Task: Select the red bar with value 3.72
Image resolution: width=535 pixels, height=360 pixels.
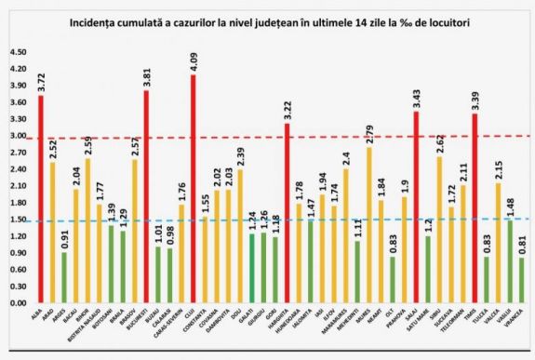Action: [x=41, y=199]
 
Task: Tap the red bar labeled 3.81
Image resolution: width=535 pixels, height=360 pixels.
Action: [x=146, y=196]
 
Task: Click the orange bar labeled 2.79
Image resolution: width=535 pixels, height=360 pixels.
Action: [x=368, y=224]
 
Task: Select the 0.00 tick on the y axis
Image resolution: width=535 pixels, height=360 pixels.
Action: [x=18, y=303]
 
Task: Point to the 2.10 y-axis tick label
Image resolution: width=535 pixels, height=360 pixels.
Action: [x=18, y=186]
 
